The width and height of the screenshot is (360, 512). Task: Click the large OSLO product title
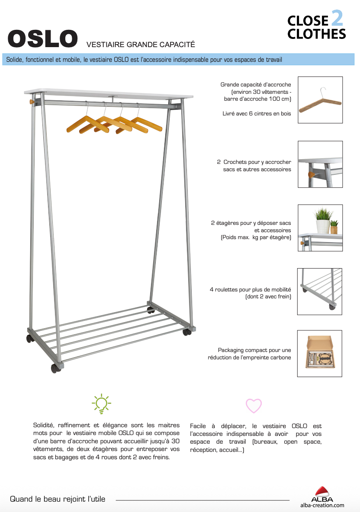coord(43,39)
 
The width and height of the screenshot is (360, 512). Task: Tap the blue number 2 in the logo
coord(337,19)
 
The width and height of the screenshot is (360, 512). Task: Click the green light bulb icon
coord(101,403)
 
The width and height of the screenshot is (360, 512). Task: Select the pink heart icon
coord(254,406)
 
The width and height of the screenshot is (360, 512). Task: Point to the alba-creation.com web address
coord(322,505)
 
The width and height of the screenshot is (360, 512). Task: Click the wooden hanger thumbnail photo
coord(320,100)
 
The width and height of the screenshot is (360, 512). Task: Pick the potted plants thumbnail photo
coord(320,227)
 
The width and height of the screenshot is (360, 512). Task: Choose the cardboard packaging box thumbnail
coord(320,353)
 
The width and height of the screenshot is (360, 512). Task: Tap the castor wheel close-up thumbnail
coord(320,291)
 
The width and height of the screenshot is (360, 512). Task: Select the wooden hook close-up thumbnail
coord(320,164)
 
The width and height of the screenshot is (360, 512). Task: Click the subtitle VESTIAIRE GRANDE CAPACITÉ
coord(141,44)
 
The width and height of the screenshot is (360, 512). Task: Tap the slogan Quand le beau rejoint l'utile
coord(58,499)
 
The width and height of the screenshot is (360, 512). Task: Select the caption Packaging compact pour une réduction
coord(249,354)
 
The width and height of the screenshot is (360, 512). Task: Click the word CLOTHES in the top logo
coord(316,34)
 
